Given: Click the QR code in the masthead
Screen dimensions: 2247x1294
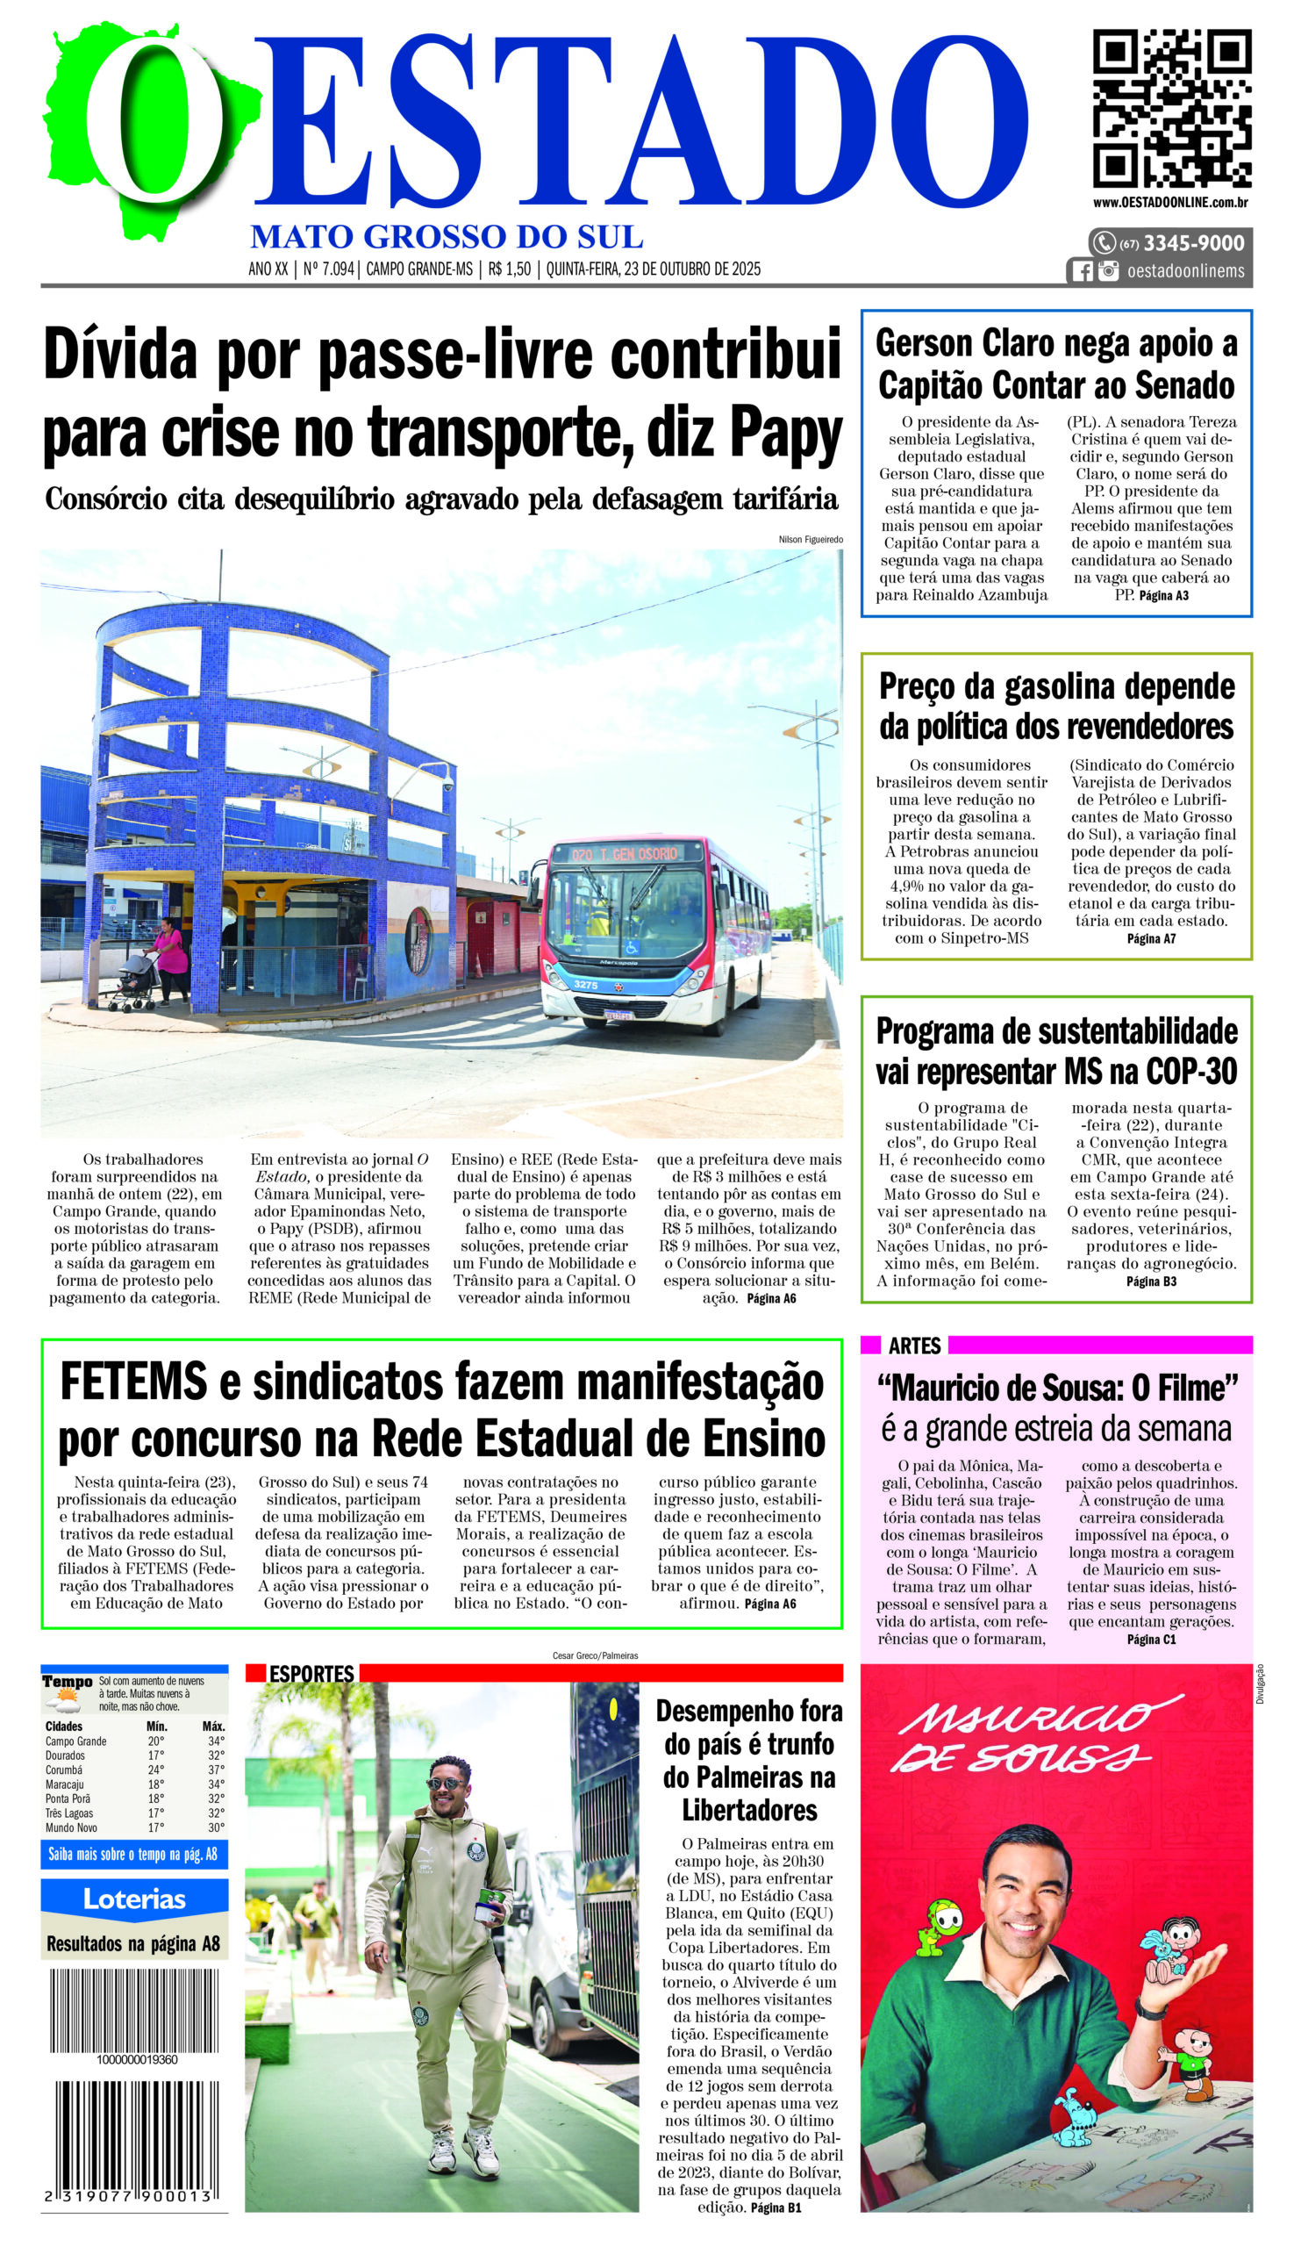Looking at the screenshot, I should tap(1171, 109).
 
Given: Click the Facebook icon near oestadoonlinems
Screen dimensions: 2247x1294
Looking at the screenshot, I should tap(1082, 271).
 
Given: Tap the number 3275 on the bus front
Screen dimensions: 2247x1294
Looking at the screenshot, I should tap(586, 984).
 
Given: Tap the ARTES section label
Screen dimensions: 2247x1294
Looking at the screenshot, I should tap(913, 1346).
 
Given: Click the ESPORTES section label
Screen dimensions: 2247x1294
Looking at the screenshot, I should tap(311, 1674).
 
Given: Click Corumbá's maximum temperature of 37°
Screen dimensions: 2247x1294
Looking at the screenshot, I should tap(216, 1770).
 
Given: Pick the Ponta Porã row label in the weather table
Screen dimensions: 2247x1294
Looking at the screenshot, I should tap(68, 1798).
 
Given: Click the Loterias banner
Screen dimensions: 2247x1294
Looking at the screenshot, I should tap(134, 1899).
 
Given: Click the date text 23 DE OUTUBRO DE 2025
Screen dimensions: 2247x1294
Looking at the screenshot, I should tap(693, 269).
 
